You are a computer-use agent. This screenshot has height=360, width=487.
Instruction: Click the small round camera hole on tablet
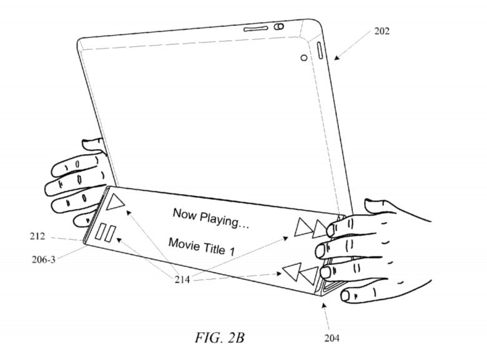click(304, 57)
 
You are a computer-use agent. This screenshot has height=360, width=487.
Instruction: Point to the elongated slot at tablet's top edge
click(255, 29)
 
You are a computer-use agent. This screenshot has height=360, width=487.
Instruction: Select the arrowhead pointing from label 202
click(336, 59)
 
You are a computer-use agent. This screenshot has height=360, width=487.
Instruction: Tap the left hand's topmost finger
click(94, 144)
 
